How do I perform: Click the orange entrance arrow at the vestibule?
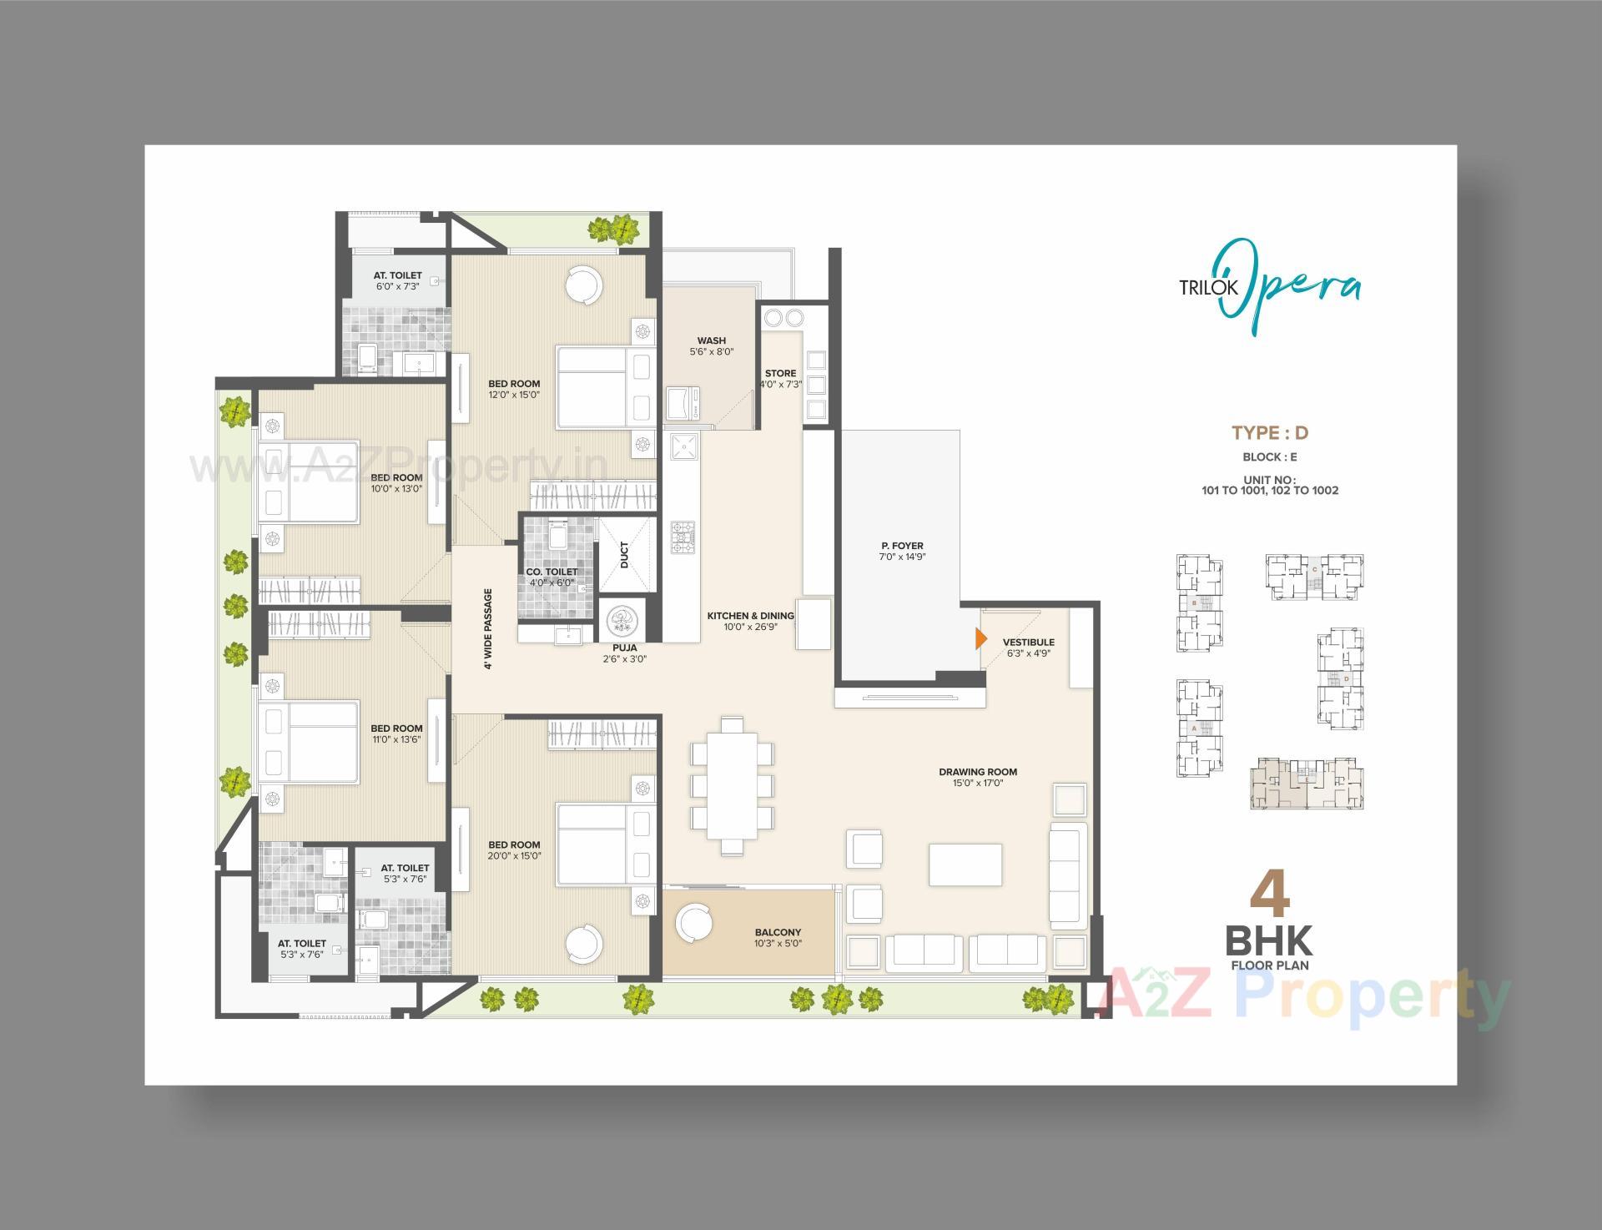point(981,638)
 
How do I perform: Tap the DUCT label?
point(625,555)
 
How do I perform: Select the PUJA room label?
point(624,648)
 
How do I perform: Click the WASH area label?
point(711,340)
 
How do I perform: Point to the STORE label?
point(780,373)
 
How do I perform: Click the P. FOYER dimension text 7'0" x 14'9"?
point(902,557)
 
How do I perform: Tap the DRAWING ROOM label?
point(977,772)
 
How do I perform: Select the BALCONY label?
point(778,932)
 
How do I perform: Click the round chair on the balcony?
point(694,922)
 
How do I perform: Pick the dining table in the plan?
point(733,785)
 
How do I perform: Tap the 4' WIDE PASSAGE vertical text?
point(488,628)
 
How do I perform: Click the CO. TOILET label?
point(552,572)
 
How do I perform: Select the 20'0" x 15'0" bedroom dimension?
point(515,855)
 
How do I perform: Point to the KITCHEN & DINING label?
point(750,616)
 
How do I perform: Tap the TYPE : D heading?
point(1270,432)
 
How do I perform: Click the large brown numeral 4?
point(1269,894)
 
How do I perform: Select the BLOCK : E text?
point(1269,457)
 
